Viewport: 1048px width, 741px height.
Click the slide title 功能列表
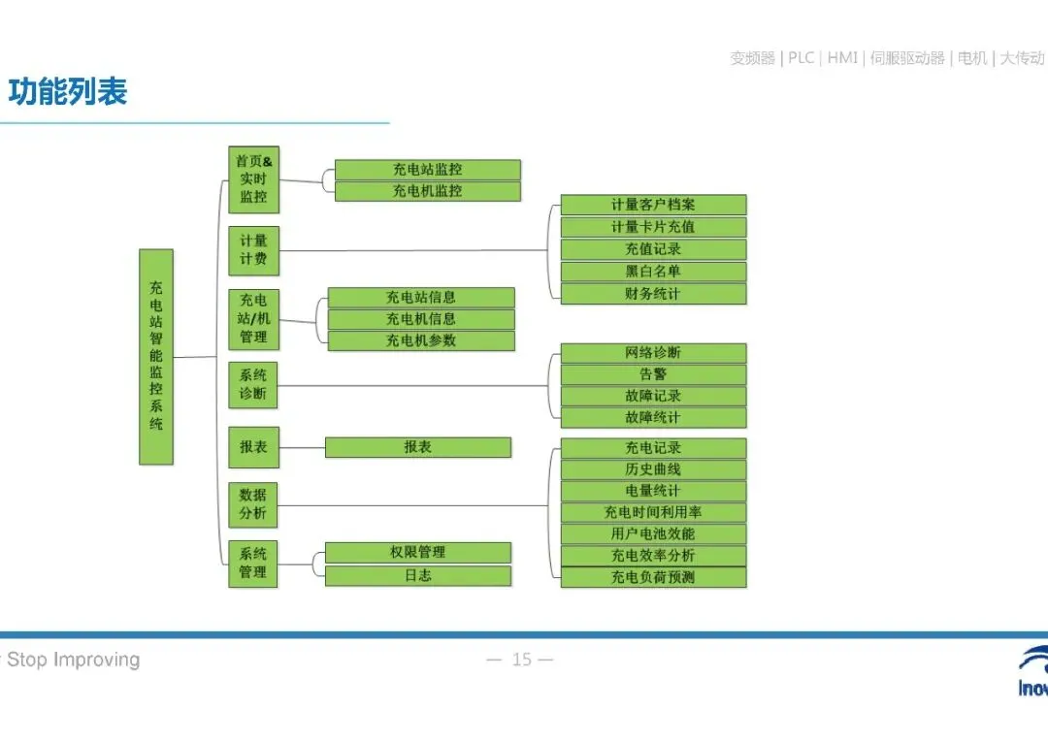point(68,93)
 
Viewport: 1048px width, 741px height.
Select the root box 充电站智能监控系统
point(156,356)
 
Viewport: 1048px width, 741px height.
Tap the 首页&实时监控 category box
point(253,179)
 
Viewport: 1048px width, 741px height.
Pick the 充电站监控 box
point(427,170)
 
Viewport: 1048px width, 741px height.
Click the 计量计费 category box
point(253,250)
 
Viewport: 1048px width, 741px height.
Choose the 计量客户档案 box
point(653,205)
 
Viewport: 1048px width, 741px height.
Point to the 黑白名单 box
point(653,272)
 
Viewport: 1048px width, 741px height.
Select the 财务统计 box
point(653,294)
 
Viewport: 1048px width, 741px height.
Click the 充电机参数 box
point(421,340)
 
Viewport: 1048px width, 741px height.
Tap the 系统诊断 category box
point(253,385)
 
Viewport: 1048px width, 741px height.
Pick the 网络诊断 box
point(653,352)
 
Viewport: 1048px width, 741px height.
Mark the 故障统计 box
point(653,418)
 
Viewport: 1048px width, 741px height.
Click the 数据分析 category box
point(253,504)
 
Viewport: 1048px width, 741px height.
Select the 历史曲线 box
point(653,469)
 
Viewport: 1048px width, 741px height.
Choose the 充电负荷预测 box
point(653,577)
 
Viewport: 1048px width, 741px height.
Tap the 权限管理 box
point(417,552)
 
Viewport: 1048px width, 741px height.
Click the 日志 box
point(417,575)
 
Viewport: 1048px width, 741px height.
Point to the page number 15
point(522,660)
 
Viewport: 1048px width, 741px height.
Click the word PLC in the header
point(801,58)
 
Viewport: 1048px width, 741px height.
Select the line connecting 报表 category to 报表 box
point(302,448)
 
